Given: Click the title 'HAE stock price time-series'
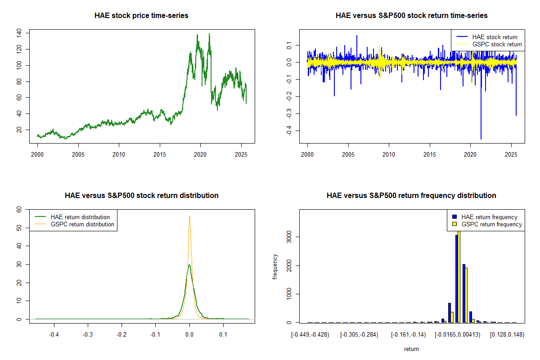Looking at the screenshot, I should pyautogui.click(x=141, y=16).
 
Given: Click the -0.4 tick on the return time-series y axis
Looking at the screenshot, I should pyautogui.click(x=288, y=130).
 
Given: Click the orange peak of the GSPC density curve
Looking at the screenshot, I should pyautogui.click(x=189, y=216).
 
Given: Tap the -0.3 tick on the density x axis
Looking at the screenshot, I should pyautogui.click(x=88, y=335).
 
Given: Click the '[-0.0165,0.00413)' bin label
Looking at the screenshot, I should pyautogui.click(x=457, y=335).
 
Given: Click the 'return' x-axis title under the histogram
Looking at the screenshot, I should pyautogui.click(x=411, y=349).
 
